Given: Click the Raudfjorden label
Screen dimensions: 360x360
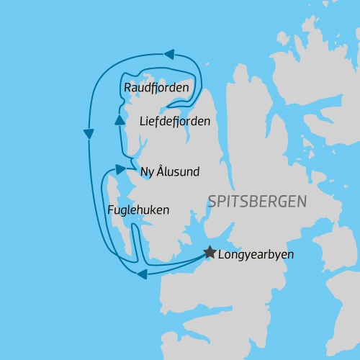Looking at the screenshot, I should [156, 88].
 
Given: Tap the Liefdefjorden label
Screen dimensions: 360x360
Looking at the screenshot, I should [174, 121].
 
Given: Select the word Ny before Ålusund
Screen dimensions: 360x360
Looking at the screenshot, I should [147, 172].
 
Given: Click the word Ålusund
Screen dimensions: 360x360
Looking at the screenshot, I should [178, 171].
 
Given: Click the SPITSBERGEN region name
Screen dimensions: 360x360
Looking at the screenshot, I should [256, 202].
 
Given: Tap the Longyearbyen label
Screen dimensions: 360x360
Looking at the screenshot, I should [256, 254].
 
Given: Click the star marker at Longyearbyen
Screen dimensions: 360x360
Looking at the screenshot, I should [210, 252].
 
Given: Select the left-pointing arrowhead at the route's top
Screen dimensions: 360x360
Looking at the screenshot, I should [169, 54].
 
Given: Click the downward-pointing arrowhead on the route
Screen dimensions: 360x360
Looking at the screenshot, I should [89, 134].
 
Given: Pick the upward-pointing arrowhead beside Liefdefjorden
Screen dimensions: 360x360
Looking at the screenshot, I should [120, 118].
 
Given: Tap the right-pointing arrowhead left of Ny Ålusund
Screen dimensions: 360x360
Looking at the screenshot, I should [120, 170].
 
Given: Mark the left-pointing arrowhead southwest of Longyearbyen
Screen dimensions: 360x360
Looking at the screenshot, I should [143, 273].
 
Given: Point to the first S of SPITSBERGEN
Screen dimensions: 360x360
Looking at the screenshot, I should [212, 202].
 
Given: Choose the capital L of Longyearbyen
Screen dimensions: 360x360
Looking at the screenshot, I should [221, 254].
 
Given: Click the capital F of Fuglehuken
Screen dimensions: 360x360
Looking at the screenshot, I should [110, 210].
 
